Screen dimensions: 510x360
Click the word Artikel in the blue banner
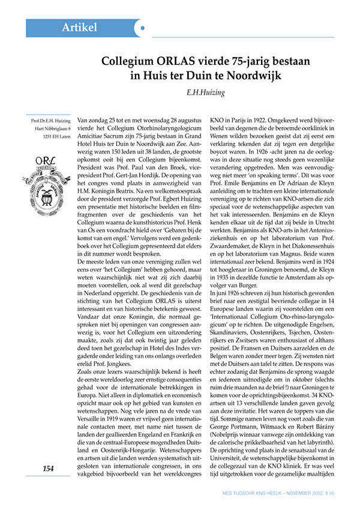pos(80,28)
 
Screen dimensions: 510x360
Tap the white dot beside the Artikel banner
pos(141,28)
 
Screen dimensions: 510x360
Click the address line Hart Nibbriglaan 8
pos(52,128)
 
